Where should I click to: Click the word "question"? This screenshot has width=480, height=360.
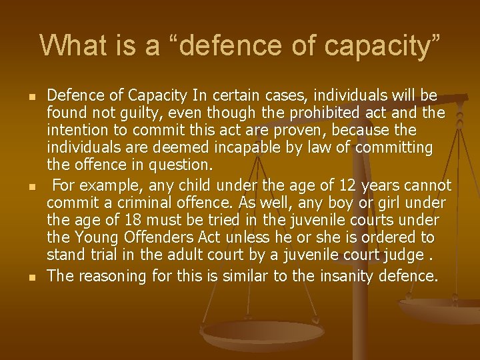[x=180, y=163]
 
